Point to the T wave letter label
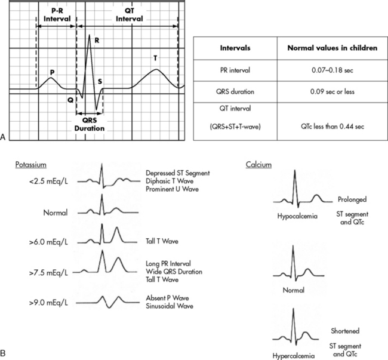[x=156, y=58]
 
